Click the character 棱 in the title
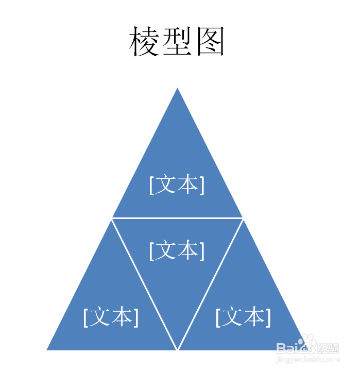pyautogui.click(x=143, y=42)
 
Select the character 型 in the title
pyautogui.click(x=177, y=42)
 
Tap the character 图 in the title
pyautogui.click(x=210, y=42)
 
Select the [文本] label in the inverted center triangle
pyautogui.click(x=177, y=251)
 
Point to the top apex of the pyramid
pyautogui.click(x=177, y=89)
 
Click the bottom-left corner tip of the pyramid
pyautogui.click(x=48, y=349)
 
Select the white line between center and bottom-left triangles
pyautogui.click(x=144, y=284)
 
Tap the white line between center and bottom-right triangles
pyautogui.click(x=210, y=284)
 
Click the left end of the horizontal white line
pyautogui.click(x=112, y=218)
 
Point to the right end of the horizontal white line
pyautogui.click(x=242, y=218)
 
